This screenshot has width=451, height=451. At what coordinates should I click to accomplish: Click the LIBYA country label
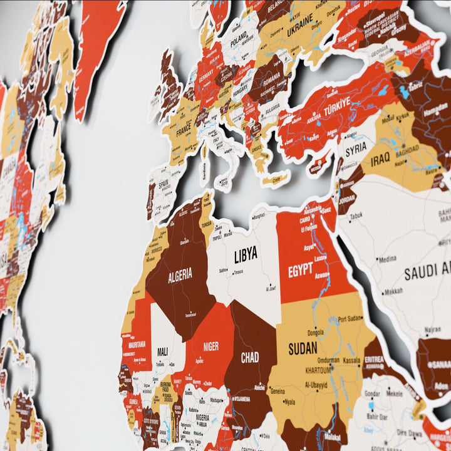246,255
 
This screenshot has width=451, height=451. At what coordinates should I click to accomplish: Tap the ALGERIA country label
180,275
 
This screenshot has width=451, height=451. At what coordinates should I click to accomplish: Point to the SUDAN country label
303,349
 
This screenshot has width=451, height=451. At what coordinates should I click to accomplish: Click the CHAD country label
250,358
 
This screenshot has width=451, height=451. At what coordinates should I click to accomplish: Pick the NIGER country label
211,346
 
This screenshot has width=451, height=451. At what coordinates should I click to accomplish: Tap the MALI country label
162,351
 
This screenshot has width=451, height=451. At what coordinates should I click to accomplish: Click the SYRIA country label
356,149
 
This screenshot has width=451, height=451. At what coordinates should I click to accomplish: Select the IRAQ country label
380,160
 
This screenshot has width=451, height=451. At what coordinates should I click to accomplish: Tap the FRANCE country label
184,133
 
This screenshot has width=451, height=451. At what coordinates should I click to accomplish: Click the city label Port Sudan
350,319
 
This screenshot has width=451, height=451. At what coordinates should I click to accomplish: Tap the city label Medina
388,259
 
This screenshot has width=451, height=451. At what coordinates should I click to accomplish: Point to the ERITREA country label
375,359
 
